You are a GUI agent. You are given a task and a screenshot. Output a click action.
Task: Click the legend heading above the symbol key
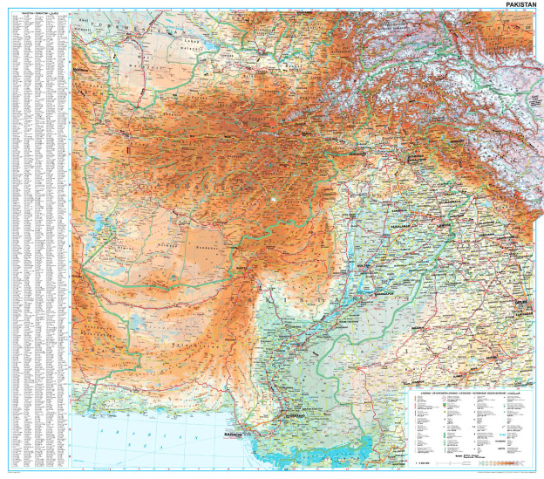click(472, 394)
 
